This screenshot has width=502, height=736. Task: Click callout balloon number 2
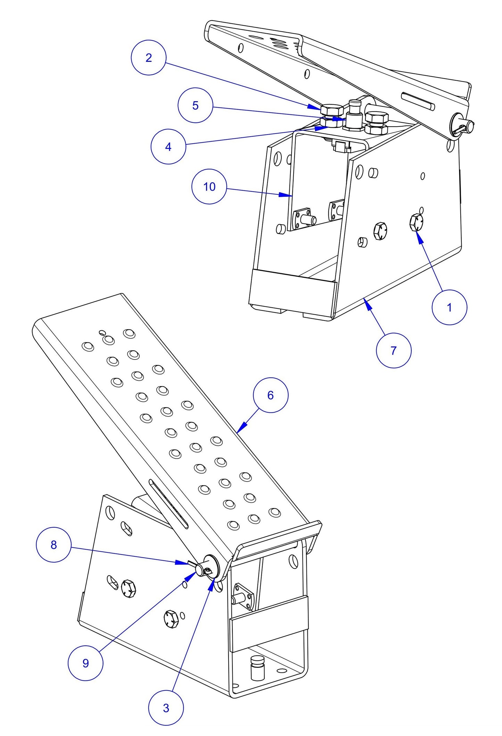148,58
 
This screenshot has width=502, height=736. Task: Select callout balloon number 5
195,105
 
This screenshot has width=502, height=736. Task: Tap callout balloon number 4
168,147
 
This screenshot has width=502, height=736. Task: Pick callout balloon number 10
209,187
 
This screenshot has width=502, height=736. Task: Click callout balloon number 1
449,307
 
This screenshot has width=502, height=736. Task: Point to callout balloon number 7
393,350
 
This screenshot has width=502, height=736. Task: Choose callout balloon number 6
271,395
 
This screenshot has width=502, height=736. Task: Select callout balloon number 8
54,545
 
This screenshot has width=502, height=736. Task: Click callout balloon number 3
166,708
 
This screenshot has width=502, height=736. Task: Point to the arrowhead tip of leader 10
291,196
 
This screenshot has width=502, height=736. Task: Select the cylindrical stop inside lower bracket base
257,668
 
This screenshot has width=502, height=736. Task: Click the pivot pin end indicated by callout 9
199,569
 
